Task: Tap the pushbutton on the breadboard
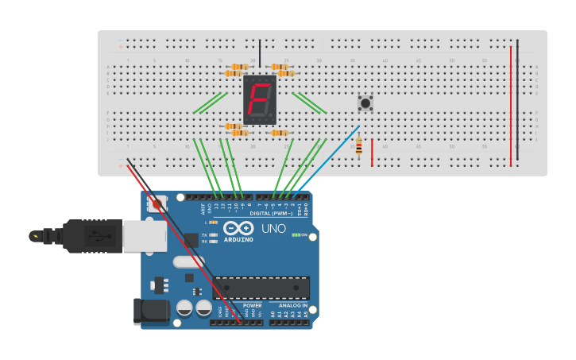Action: [x=365, y=103]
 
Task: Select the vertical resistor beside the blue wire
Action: [x=358, y=147]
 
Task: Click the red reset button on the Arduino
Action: [x=157, y=204]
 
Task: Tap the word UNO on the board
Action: [x=273, y=230]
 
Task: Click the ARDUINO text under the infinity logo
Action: [x=238, y=239]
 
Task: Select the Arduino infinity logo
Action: [x=238, y=229]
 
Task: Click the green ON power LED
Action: [x=296, y=234]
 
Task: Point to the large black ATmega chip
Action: [x=261, y=288]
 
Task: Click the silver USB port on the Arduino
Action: [x=145, y=235]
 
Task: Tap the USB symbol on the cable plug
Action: [x=94, y=235]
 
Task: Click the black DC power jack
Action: [x=151, y=311]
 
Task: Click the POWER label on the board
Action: [x=253, y=305]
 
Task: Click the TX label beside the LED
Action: [x=204, y=235]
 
